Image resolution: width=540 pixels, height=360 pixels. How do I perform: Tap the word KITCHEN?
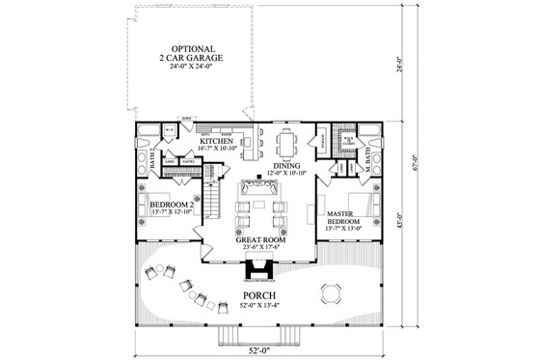[218, 141]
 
